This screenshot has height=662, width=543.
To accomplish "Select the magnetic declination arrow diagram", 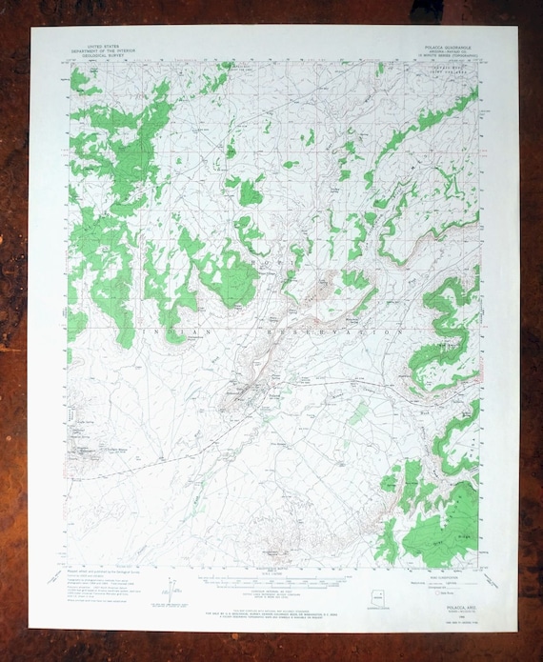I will [x=169, y=584].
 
